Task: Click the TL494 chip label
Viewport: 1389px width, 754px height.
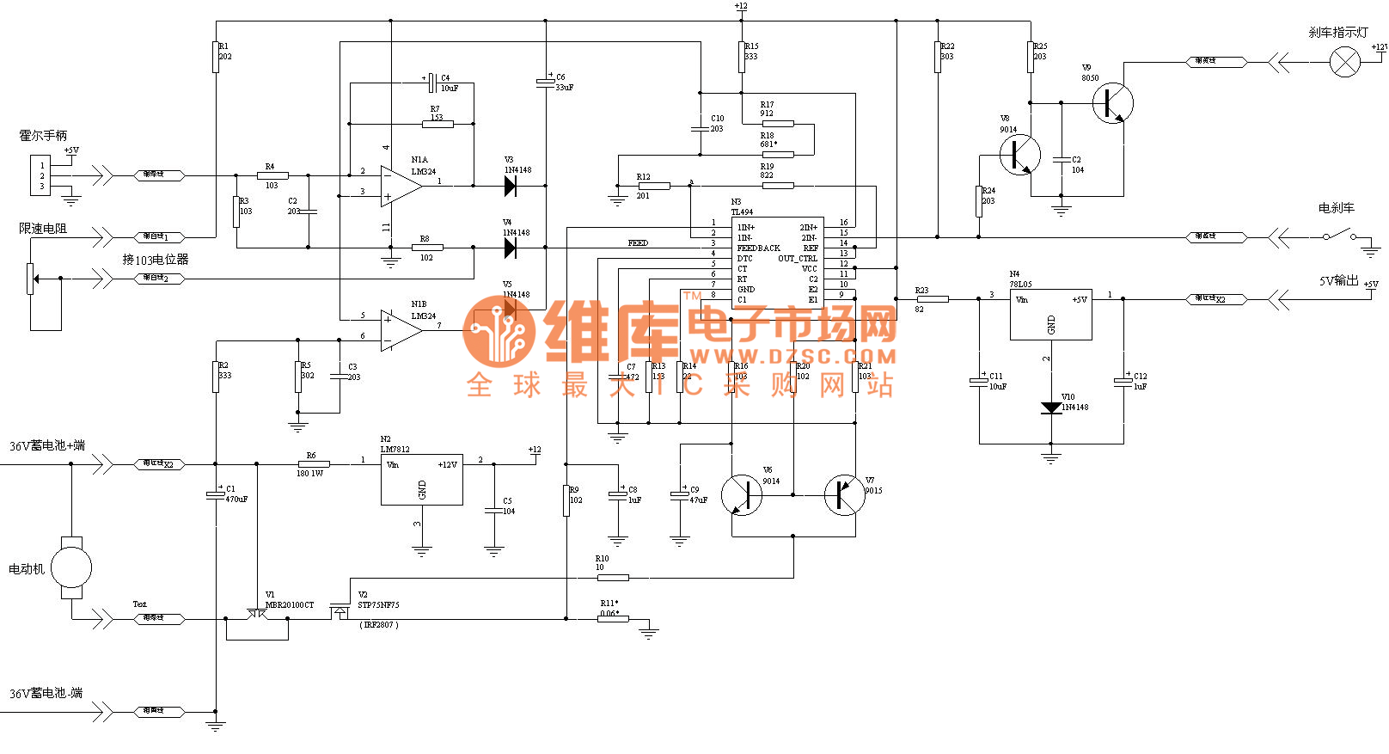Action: point(742,211)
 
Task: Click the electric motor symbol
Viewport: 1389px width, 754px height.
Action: point(71,567)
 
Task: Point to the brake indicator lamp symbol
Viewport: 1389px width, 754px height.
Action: point(1345,62)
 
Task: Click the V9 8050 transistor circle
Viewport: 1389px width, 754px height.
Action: point(1113,103)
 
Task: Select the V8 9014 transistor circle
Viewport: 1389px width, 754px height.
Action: point(1020,156)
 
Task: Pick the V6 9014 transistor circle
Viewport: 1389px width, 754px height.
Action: point(741,495)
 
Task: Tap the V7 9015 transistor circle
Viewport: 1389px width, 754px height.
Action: point(844,495)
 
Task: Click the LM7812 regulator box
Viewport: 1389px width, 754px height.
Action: point(421,479)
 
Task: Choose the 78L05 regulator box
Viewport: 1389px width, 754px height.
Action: point(1050,314)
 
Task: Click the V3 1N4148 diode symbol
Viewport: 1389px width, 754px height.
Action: point(510,186)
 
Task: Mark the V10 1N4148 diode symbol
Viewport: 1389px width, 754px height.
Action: point(1050,408)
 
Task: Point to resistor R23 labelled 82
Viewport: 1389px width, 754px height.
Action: point(932,299)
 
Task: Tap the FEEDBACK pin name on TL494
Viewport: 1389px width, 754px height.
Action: point(758,248)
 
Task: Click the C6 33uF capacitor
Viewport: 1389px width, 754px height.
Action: point(546,83)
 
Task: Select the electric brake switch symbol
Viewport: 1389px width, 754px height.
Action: point(1339,236)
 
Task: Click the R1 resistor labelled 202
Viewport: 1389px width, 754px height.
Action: point(216,58)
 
